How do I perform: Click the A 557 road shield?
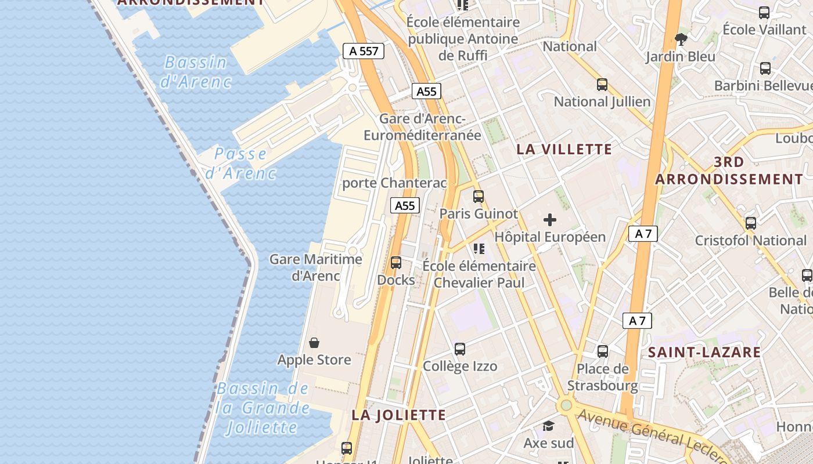click(x=364, y=51)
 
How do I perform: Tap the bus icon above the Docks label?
click(x=396, y=263)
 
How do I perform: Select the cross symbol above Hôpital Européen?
click(x=549, y=220)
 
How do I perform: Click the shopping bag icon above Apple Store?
click(x=314, y=343)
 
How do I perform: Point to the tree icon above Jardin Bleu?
click(x=681, y=39)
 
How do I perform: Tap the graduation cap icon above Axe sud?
click(x=548, y=426)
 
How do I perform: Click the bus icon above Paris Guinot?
click(x=478, y=197)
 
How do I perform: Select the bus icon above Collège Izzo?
click(x=460, y=349)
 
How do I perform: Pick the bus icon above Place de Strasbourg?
click(x=602, y=351)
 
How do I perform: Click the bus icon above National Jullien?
click(x=602, y=85)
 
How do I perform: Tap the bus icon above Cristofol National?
click(x=751, y=223)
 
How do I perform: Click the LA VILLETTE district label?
click(x=564, y=149)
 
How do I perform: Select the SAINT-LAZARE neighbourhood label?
click(x=704, y=352)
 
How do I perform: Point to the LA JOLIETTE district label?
click(x=398, y=415)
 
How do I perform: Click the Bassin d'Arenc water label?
click(x=195, y=71)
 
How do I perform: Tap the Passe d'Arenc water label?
click(x=240, y=163)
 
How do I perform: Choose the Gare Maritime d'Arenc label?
click(x=316, y=267)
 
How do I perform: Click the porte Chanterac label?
click(x=395, y=183)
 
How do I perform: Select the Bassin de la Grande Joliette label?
click(x=262, y=408)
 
